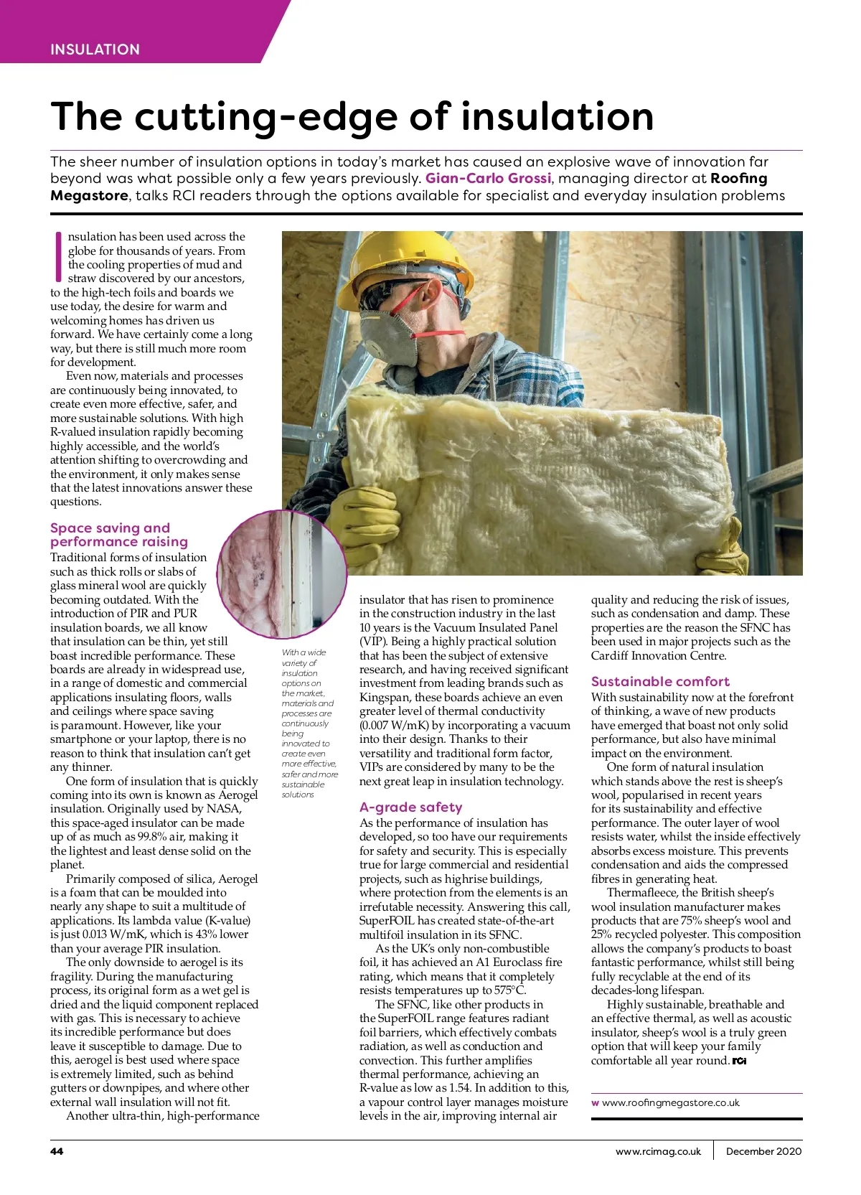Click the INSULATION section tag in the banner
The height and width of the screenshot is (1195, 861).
[95, 50]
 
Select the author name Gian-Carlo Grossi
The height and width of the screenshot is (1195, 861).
[489, 179]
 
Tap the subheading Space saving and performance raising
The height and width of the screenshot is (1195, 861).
[119, 535]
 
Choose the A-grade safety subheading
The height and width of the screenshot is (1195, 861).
[410, 807]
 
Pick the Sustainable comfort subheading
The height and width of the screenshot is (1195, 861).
[660, 681]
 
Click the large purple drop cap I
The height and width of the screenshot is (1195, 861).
[57, 256]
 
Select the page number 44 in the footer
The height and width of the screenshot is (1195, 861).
[57, 1151]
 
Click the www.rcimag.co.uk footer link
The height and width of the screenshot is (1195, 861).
[658, 1151]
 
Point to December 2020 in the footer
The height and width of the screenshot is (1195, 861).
[763, 1151]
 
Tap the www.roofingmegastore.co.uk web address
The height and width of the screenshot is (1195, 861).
[670, 1102]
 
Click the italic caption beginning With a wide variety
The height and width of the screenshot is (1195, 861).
[309, 723]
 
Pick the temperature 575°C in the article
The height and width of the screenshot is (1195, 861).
[509, 990]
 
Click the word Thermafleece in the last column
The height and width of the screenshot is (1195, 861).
[641, 893]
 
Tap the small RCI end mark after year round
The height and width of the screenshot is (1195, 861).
[739, 1061]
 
